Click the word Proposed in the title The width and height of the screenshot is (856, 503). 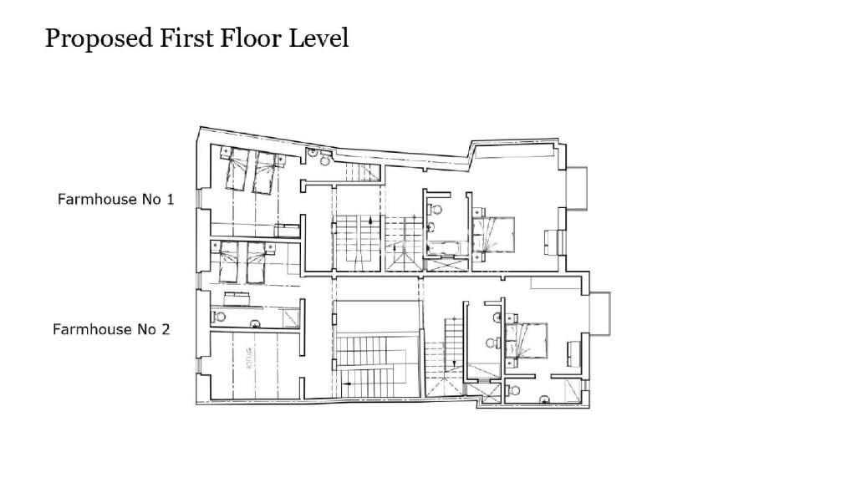[x=93, y=38]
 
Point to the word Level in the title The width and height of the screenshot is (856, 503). [x=318, y=38]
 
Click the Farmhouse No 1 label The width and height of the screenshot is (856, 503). [x=115, y=200]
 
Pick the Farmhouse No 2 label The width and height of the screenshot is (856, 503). [x=111, y=329]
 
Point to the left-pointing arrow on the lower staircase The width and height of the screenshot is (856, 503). [x=348, y=384]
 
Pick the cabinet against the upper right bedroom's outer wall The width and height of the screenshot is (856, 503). [x=549, y=242]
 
